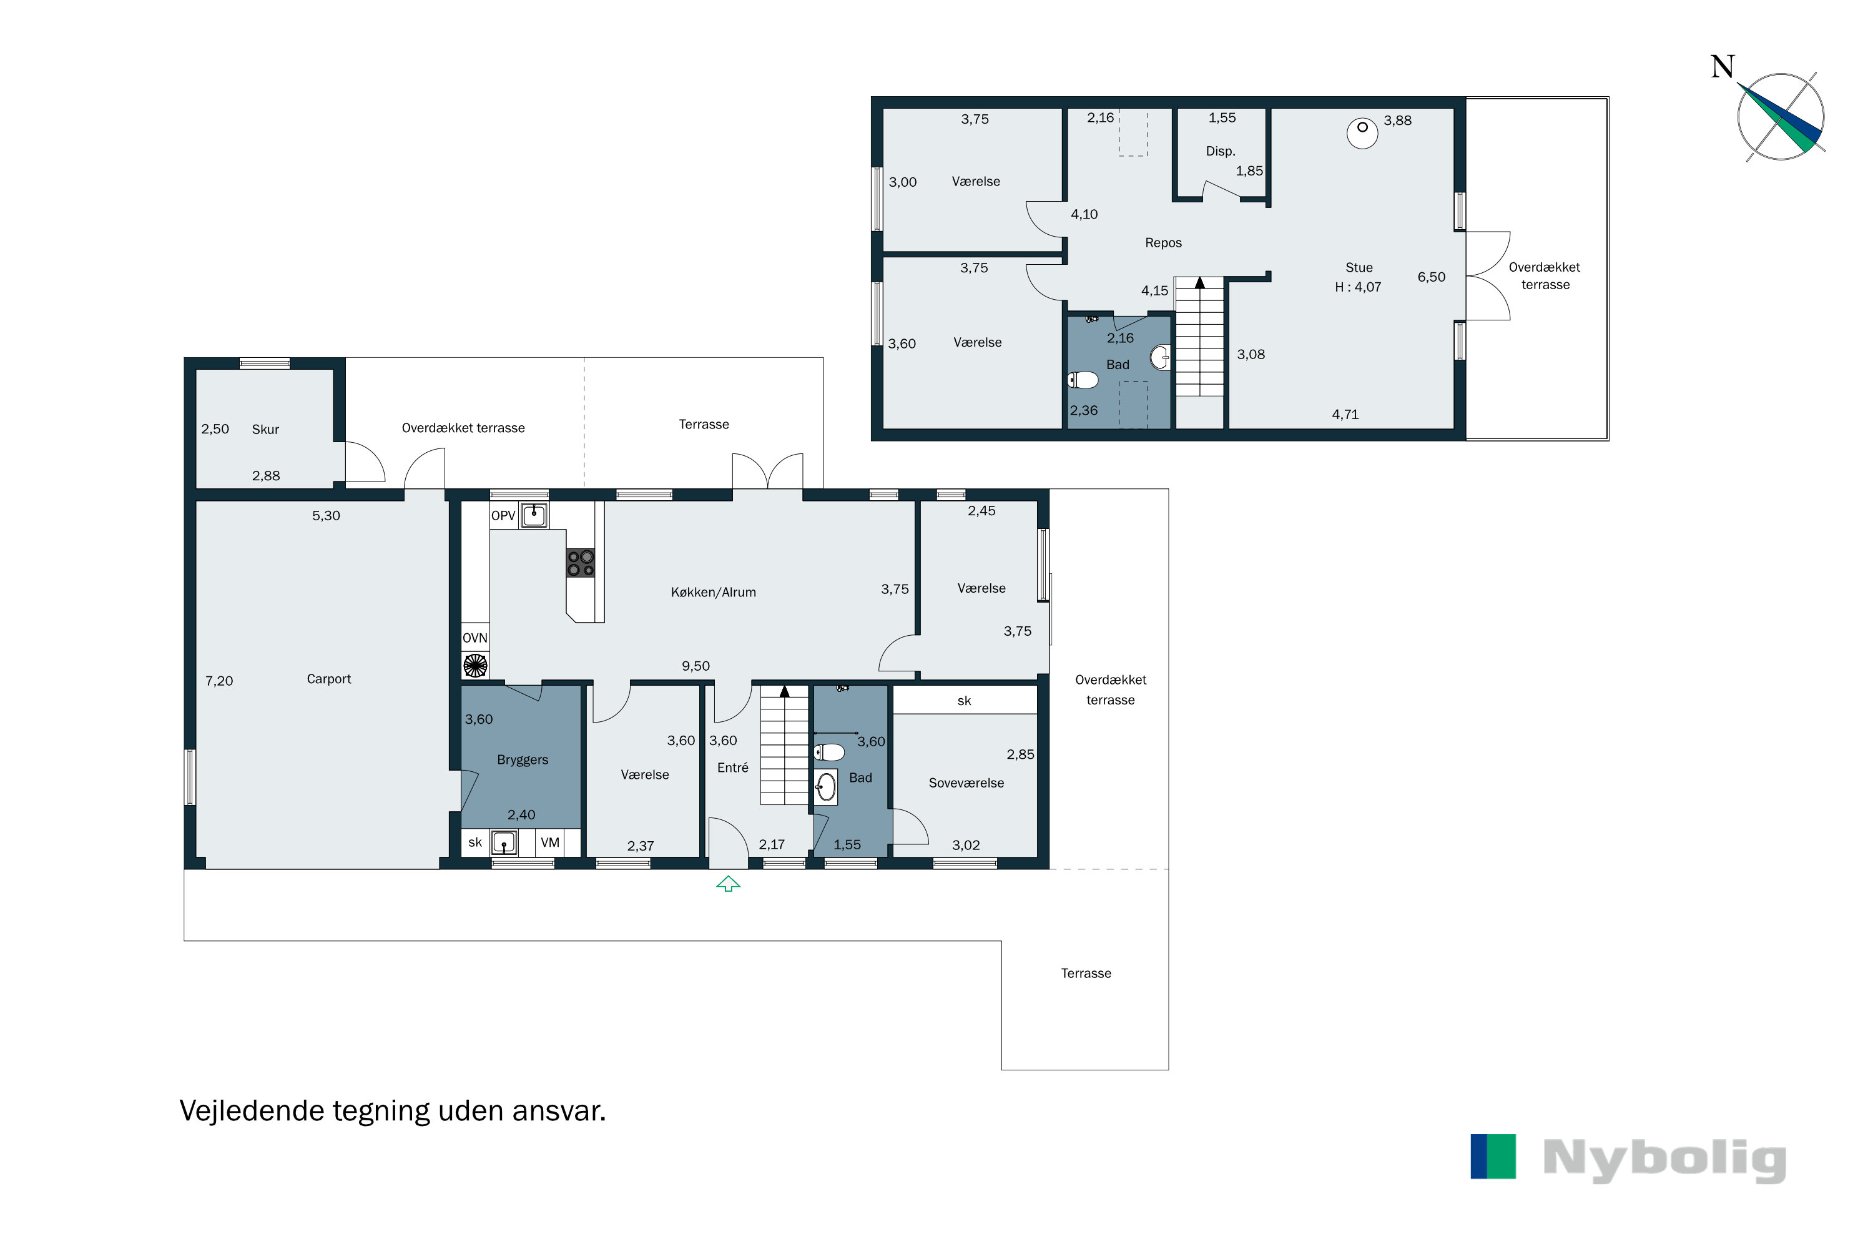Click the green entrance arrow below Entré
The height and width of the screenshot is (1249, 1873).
tap(728, 884)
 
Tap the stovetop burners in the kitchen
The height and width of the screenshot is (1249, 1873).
tap(581, 563)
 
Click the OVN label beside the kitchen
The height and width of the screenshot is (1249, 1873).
tap(474, 638)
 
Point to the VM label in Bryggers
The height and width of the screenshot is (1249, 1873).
tap(550, 842)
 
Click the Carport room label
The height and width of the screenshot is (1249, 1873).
tap(329, 679)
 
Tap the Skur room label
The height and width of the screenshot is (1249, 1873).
tap(265, 430)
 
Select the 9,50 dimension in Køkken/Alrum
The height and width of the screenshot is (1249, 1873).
tap(696, 666)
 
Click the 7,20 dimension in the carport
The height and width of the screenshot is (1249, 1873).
tap(219, 681)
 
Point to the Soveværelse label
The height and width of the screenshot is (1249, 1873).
tap(966, 783)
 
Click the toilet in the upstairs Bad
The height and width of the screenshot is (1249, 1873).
tap(1083, 380)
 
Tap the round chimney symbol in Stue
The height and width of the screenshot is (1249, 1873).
tap(1362, 133)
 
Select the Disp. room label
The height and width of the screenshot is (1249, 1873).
tap(1220, 151)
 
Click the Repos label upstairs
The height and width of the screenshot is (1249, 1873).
tap(1163, 243)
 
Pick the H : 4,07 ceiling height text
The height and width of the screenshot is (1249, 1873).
tap(1358, 287)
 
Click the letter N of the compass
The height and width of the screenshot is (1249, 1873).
tap(1723, 67)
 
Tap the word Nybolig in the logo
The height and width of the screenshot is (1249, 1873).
tap(1664, 1159)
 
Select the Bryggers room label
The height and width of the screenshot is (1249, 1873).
tap(523, 761)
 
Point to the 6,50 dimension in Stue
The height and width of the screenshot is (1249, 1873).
tap(1431, 277)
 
